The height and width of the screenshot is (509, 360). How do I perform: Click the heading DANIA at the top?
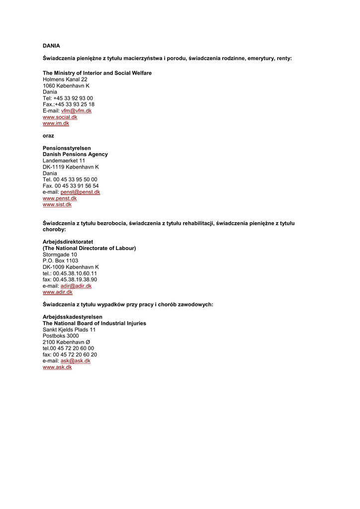tap(51, 46)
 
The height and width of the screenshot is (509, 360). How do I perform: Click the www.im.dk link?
tap(56, 123)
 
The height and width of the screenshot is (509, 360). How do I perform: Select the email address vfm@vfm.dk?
tap(76, 111)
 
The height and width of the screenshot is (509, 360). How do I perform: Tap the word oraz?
tap(48, 136)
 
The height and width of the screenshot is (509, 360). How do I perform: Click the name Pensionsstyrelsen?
tap(67, 148)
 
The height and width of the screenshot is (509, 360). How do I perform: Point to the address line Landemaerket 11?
tap(64, 161)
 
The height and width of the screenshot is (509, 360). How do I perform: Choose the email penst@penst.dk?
tap(80, 192)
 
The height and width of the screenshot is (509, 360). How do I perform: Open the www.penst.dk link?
tap(60, 198)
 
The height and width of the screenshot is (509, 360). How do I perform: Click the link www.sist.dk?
tap(57, 204)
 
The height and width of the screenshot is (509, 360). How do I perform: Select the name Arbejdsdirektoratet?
tap(68, 242)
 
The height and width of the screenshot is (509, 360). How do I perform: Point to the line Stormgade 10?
tap(60, 254)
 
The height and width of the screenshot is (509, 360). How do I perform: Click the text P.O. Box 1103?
tap(60, 260)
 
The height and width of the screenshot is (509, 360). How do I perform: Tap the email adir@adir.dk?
tap(76, 286)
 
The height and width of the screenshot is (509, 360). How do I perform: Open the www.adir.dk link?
tap(58, 292)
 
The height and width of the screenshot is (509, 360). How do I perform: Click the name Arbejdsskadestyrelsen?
tap(73, 317)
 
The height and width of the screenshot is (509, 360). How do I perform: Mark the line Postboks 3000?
tap(61, 336)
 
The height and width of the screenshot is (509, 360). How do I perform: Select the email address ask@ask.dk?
tap(76, 361)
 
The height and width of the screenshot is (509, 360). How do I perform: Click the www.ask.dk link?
tap(57, 367)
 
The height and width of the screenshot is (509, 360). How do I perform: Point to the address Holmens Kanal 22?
tap(65, 80)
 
